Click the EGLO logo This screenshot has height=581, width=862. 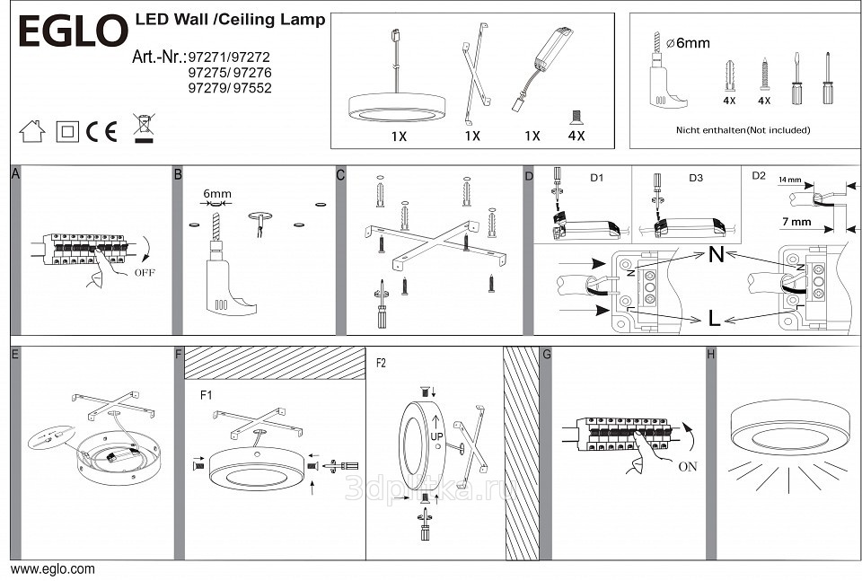(x=73, y=31)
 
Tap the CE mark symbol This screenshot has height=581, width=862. (x=101, y=131)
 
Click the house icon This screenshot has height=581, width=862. (x=32, y=131)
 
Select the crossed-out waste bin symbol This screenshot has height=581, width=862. (x=144, y=128)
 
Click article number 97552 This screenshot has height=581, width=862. (x=252, y=88)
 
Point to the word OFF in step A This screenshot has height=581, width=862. (x=145, y=273)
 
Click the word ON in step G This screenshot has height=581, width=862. (x=688, y=467)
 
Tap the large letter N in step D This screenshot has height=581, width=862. (x=717, y=254)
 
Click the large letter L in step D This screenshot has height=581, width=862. (x=714, y=319)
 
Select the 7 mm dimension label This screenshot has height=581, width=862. (x=796, y=222)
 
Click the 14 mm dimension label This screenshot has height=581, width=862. (x=789, y=180)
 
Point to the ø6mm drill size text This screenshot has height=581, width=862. (x=688, y=43)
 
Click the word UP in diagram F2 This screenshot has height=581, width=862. (x=436, y=436)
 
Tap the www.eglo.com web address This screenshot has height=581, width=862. (x=53, y=569)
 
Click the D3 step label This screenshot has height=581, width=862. (x=695, y=178)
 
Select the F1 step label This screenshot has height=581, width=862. (x=207, y=394)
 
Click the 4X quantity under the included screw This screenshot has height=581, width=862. (x=576, y=136)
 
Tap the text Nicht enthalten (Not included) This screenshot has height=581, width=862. (x=743, y=130)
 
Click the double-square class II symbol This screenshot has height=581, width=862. (x=67, y=132)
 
